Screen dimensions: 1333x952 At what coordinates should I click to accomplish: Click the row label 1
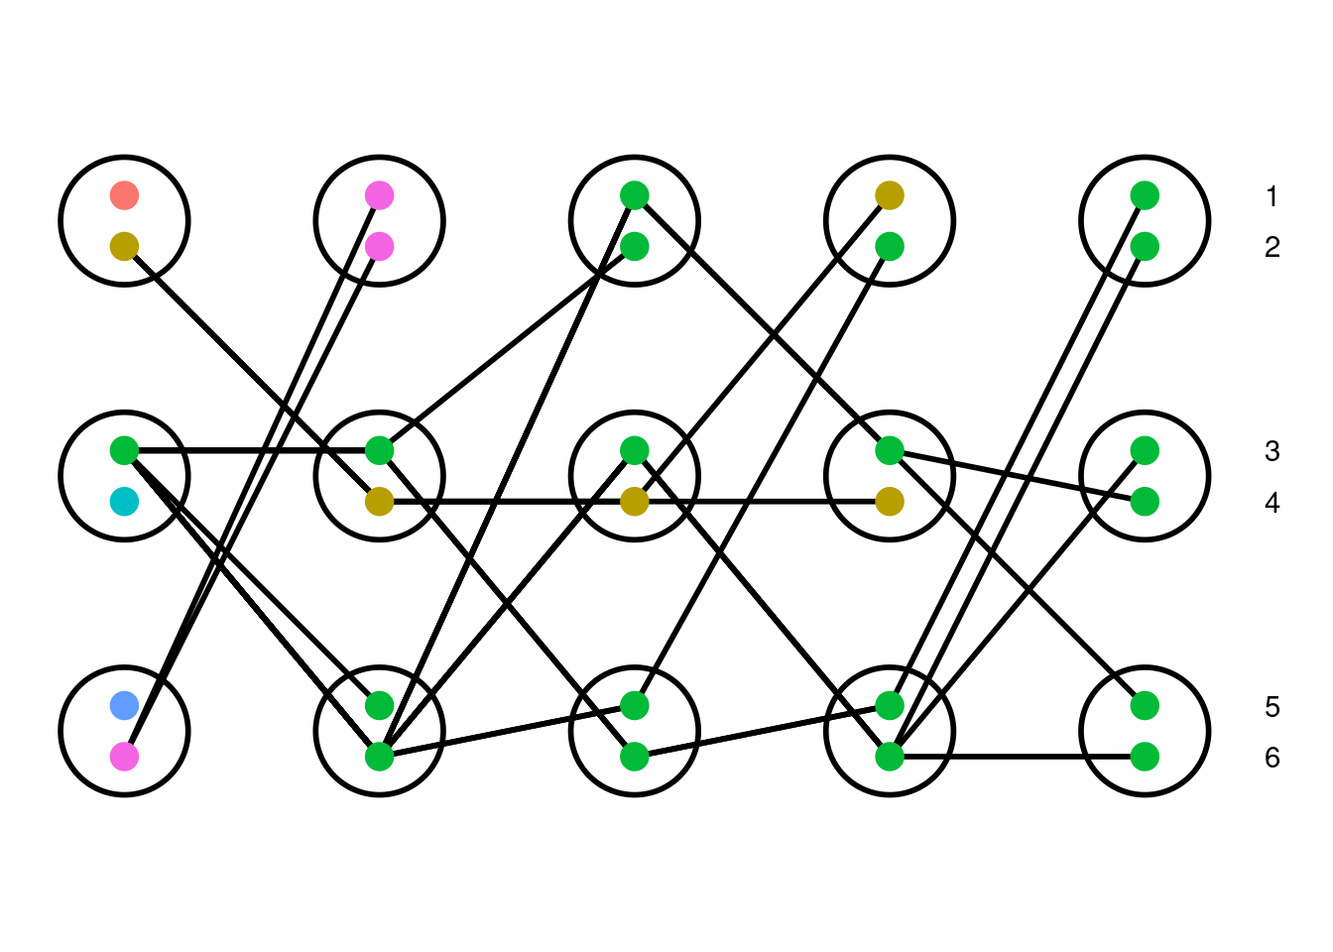1272,197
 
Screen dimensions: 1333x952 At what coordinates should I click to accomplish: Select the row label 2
1272,248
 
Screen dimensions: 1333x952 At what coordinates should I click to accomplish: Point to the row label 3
1272,451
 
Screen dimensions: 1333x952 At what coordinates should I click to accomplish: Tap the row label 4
1272,504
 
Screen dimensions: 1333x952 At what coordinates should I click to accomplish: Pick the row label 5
1272,707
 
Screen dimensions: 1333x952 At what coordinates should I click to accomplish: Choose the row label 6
1272,758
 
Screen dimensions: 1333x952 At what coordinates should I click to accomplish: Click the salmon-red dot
124,195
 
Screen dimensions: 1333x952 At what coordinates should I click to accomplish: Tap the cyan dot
124,502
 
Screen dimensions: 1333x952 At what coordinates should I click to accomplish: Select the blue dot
124,706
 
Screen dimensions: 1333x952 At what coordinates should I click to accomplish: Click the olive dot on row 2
124,246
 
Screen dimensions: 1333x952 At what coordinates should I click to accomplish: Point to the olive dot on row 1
890,195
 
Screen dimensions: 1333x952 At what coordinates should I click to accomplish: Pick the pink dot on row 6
124,757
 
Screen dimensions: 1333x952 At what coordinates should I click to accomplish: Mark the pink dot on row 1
380,195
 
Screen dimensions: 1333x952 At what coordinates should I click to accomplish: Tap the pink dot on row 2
380,246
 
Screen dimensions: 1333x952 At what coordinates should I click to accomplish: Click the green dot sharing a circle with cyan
124,450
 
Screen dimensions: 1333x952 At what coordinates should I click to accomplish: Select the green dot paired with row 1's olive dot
890,246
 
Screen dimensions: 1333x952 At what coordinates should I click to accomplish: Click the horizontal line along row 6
1017,757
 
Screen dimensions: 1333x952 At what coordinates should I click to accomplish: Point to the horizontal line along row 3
252,450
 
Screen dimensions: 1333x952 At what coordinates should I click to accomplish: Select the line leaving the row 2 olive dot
252,374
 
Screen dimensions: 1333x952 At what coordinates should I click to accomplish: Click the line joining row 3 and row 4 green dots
1017,476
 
